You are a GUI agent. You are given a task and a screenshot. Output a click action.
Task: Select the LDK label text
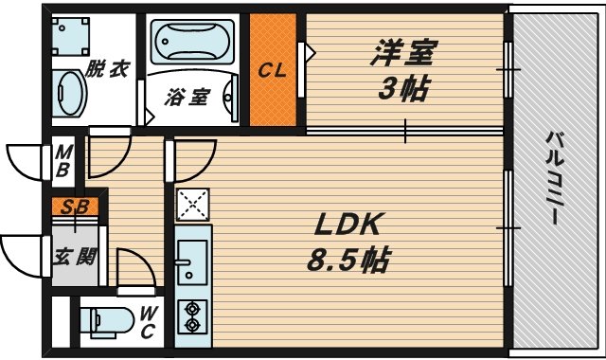pyautogui.click(x=348, y=225)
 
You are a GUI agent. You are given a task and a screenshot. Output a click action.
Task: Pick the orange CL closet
pyautogui.click(x=274, y=69)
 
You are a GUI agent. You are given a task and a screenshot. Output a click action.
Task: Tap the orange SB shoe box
pyautogui.click(x=70, y=204)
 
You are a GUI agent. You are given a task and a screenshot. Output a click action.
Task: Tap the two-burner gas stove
pyautogui.click(x=193, y=316)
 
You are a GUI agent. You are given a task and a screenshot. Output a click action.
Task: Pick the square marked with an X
pyautogui.click(x=193, y=204)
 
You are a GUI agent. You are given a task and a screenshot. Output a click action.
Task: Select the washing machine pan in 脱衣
pyautogui.click(x=73, y=36)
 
